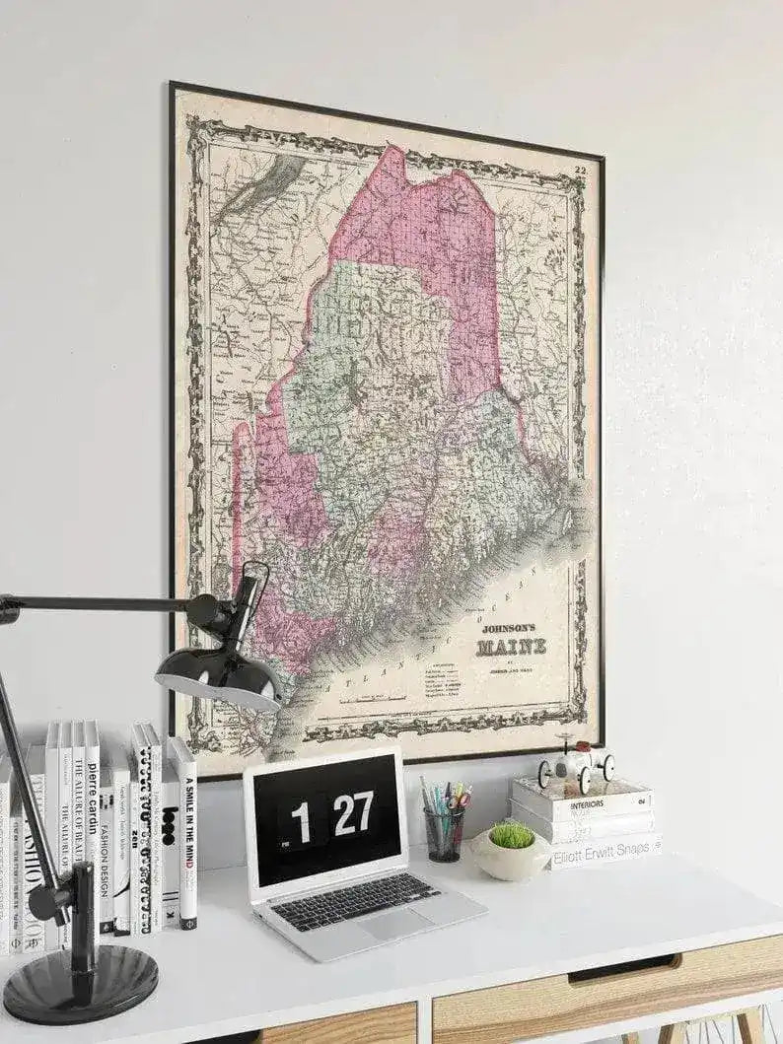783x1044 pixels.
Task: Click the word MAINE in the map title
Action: pyautogui.click(x=511, y=648)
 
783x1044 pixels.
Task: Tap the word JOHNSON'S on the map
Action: pyautogui.click(x=508, y=627)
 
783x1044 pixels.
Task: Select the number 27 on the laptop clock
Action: pyautogui.click(x=352, y=812)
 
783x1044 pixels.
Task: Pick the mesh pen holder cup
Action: pyautogui.click(x=444, y=834)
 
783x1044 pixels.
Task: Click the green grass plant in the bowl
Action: pyautogui.click(x=511, y=835)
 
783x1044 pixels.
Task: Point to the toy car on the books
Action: pyautogui.click(x=576, y=764)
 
